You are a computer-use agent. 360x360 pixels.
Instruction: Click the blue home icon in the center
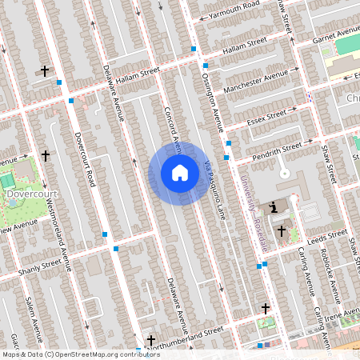179,173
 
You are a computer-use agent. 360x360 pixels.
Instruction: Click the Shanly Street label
40,264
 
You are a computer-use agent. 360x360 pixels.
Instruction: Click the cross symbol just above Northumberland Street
150,341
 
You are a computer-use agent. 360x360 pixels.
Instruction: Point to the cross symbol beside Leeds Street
281,231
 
